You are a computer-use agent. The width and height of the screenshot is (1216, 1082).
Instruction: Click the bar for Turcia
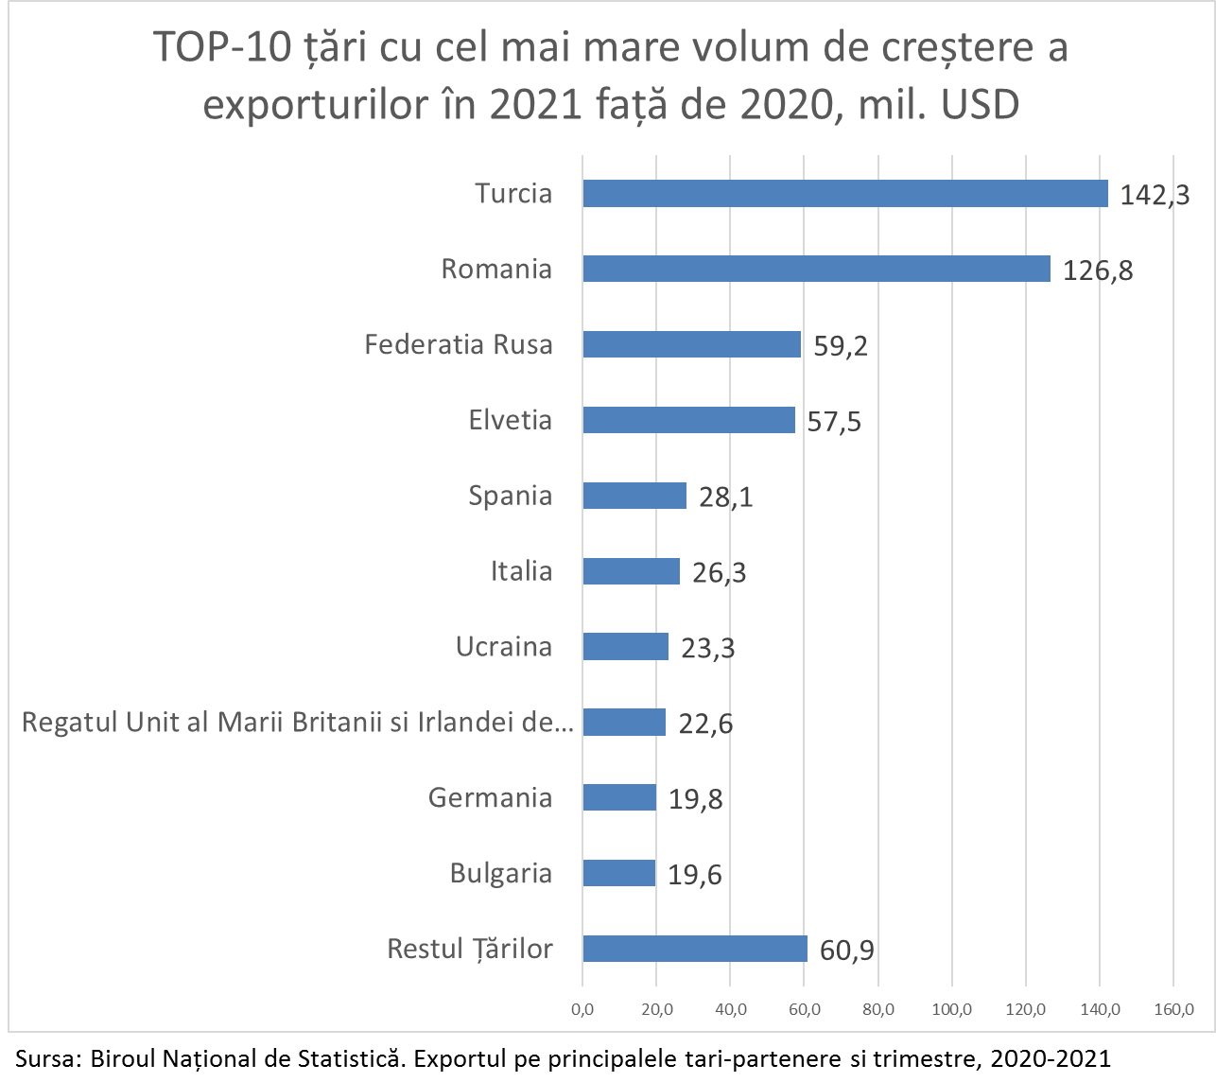pyautogui.click(x=844, y=193)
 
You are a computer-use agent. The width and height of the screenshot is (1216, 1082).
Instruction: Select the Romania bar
pyautogui.click(x=816, y=269)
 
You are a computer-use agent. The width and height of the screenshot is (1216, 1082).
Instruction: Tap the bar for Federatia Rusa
pyautogui.click(x=691, y=344)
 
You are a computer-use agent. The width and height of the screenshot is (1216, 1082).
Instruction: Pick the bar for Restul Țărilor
pyautogui.click(x=695, y=949)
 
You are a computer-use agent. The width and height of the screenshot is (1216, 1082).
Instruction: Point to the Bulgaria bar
pyautogui.click(x=619, y=873)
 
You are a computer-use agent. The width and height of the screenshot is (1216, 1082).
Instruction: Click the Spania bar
pyautogui.click(x=634, y=496)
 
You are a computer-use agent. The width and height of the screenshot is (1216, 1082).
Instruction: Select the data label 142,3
pyautogui.click(x=1155, y=195)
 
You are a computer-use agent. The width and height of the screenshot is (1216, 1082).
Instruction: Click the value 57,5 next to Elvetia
pyautogui.click(x=834, y=422)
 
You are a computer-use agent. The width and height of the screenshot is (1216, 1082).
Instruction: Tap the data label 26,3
pyautogui.click(x=719, y=573)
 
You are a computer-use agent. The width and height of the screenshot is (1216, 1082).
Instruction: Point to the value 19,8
pyautogui.click(x=696, y=800)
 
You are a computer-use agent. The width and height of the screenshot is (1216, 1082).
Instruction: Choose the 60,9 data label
pyautogui.click(x=846, y=951)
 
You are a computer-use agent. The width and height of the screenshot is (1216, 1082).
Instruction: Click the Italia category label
pyautogui.click(x=521, y=571)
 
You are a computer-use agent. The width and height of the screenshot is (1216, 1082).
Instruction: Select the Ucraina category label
pyautogui.click(x=504, y=647)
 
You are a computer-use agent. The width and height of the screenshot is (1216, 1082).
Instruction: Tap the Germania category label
pyautogui.click(x=490, y=797)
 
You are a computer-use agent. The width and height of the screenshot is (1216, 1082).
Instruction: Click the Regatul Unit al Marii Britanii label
pyautogui.click(x=298, y=723)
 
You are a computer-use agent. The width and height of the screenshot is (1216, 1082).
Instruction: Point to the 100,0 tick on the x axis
pyautogui.click(x=952, y=1010)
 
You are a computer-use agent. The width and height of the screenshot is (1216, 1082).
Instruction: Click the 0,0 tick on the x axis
pyautogui.click(x=582, y=1010)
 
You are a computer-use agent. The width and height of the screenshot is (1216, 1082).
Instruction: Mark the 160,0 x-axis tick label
pyautogui.click(x=1173, y=1010)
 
